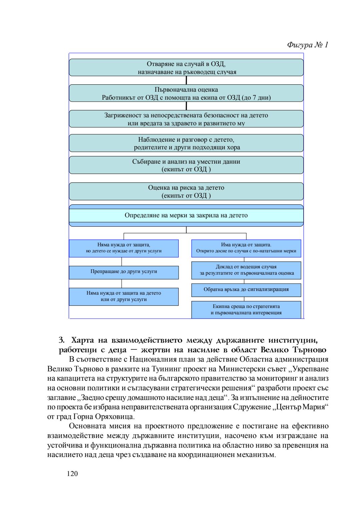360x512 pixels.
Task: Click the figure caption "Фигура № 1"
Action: point(307,45)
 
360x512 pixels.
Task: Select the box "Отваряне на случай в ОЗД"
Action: point(186,68)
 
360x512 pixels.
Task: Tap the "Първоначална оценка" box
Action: point(186,93)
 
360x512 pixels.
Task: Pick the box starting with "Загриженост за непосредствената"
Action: point(186,119)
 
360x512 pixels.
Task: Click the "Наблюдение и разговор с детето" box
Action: point(186,143)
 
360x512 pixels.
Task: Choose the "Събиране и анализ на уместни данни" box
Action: point(186,165)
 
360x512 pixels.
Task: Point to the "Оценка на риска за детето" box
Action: point(186,191)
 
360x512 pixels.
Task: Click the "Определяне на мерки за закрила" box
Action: point(186,215)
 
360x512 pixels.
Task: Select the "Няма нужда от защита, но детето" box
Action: point(124,248)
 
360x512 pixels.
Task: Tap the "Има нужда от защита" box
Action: point(246,248)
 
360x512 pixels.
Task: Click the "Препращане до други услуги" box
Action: point(124,272)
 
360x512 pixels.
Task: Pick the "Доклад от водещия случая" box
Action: point(246,270)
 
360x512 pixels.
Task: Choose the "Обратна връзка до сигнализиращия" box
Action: point(246,290)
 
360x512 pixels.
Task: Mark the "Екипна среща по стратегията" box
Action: point(246,310)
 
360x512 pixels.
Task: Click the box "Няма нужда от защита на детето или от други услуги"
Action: point(124,296)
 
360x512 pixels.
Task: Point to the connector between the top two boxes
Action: point(186,80)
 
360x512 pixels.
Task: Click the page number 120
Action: point(72,474)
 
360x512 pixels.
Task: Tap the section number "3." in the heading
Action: point(62,340)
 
